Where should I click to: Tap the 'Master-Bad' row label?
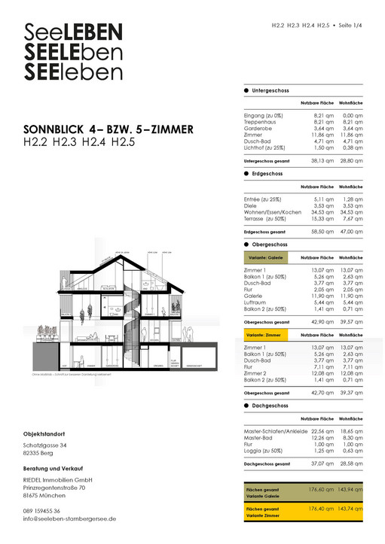tap(259, 437)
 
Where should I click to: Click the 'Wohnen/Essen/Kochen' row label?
tap(272, 212)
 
